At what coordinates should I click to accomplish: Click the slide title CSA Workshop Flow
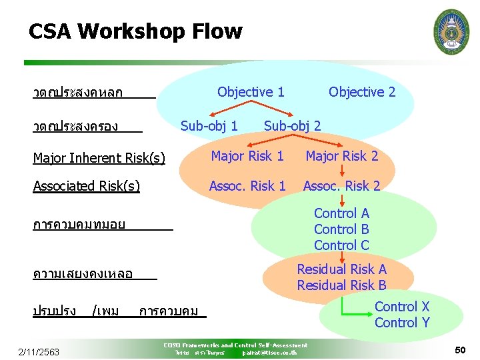tap(135, 31)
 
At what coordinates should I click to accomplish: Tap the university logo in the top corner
tap(451, 32)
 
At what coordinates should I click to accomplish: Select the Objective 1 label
tap(251, 92)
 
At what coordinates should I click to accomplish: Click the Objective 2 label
tap(362, 92)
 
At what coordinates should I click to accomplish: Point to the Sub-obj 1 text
tap(209, 125)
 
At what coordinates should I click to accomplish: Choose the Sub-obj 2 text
tap(292, 125)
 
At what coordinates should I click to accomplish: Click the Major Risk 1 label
tap(247, 156)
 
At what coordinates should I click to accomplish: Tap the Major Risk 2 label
tap(341, 156)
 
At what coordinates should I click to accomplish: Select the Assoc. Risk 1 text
tap(247, 186)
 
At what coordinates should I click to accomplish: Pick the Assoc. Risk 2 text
tap(341, 186)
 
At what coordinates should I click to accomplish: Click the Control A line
tap(341, 213)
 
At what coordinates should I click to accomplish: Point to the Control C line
tap(341, 245)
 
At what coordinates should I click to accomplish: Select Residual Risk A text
tap(341, 269)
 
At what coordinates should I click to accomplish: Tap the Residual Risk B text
tap(341, 285)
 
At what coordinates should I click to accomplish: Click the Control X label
tap(402, 307)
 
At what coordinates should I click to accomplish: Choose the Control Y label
tap(402, 323)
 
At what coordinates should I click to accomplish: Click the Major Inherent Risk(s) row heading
tap(99, 158)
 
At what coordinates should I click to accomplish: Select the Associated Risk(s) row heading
tap(87, 186)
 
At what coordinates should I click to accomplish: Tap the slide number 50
tap(460, 350)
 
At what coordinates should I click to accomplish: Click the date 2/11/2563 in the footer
tap(39, 352)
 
